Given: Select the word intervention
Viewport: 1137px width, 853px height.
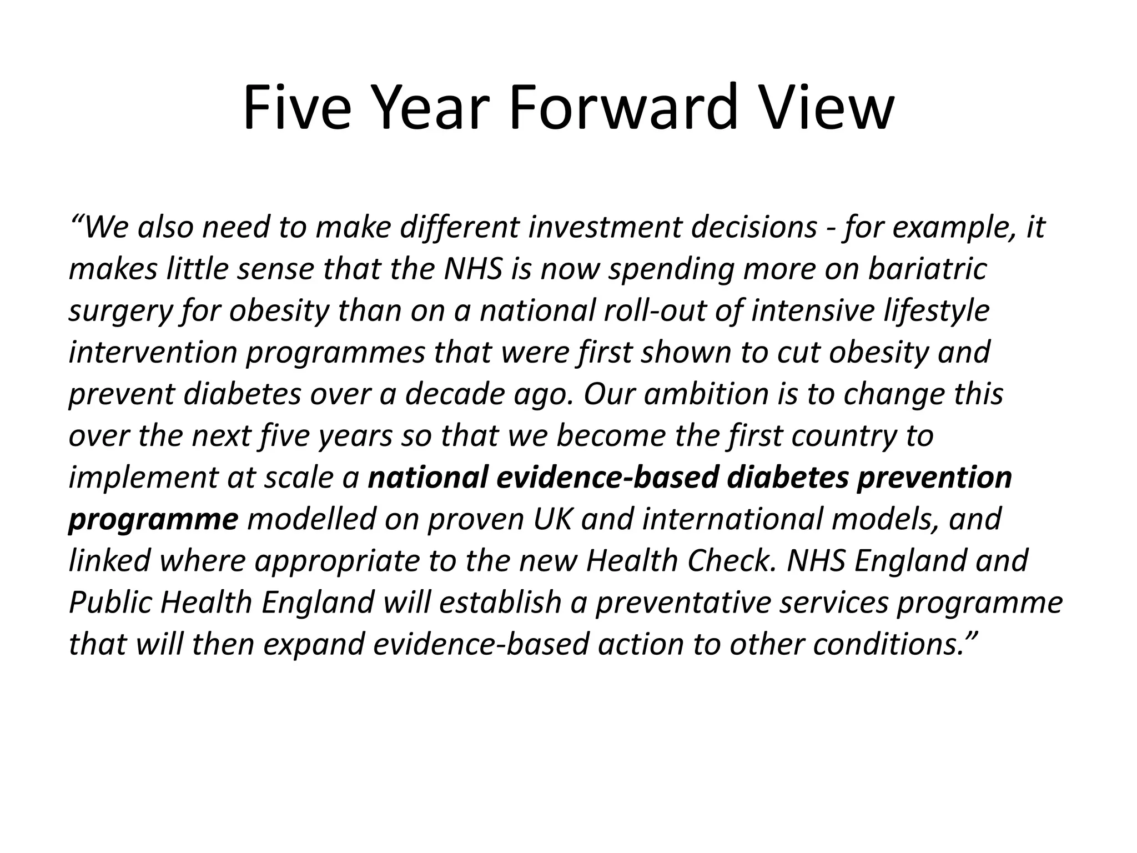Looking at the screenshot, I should click(x=153, y=353).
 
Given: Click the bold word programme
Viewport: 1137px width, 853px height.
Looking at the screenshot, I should click(x=153, y=520).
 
